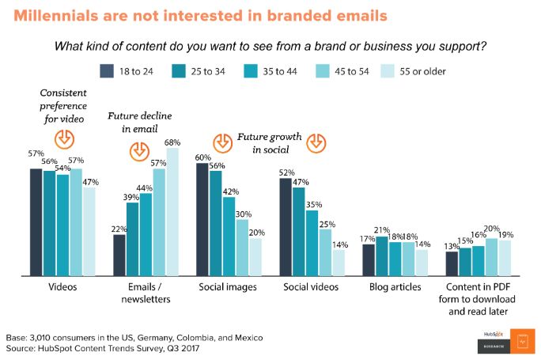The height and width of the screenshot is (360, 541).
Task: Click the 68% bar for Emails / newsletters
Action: coord(172,211)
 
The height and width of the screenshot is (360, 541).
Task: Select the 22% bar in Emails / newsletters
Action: coord(119,254)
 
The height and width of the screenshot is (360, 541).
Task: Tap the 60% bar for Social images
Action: coord(202,219)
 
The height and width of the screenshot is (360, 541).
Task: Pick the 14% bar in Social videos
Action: coord(338,262)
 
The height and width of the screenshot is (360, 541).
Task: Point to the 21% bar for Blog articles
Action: coord(382,255)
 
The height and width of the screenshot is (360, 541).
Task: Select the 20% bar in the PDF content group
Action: coord(491,256)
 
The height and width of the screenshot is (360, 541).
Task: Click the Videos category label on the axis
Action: coord(62,286)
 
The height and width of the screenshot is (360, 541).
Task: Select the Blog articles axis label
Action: coord(395,286)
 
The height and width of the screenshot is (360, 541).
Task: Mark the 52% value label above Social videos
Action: coord(287,172)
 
